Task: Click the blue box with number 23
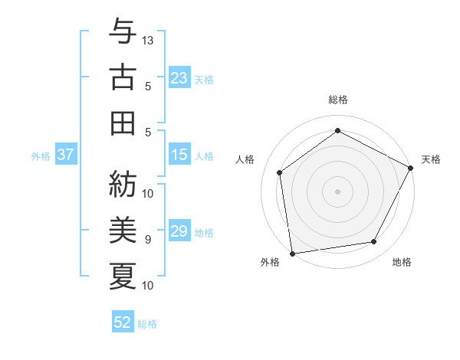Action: click(179, 78)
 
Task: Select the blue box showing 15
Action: click(179, 155)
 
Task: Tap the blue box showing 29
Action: click(179, 232)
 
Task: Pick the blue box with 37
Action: click(65, 155)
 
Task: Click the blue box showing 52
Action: click(123, 322)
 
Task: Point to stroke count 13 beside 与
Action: click(149, 40)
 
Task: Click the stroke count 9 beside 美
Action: click(149, 240)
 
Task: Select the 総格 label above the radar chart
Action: click(338, 100)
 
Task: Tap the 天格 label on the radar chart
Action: click(431, 159)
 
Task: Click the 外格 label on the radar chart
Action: click(270, 263)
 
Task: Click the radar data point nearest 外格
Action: click(292, 253)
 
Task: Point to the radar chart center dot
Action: click(338, 191)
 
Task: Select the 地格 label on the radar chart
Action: click(402, 263)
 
